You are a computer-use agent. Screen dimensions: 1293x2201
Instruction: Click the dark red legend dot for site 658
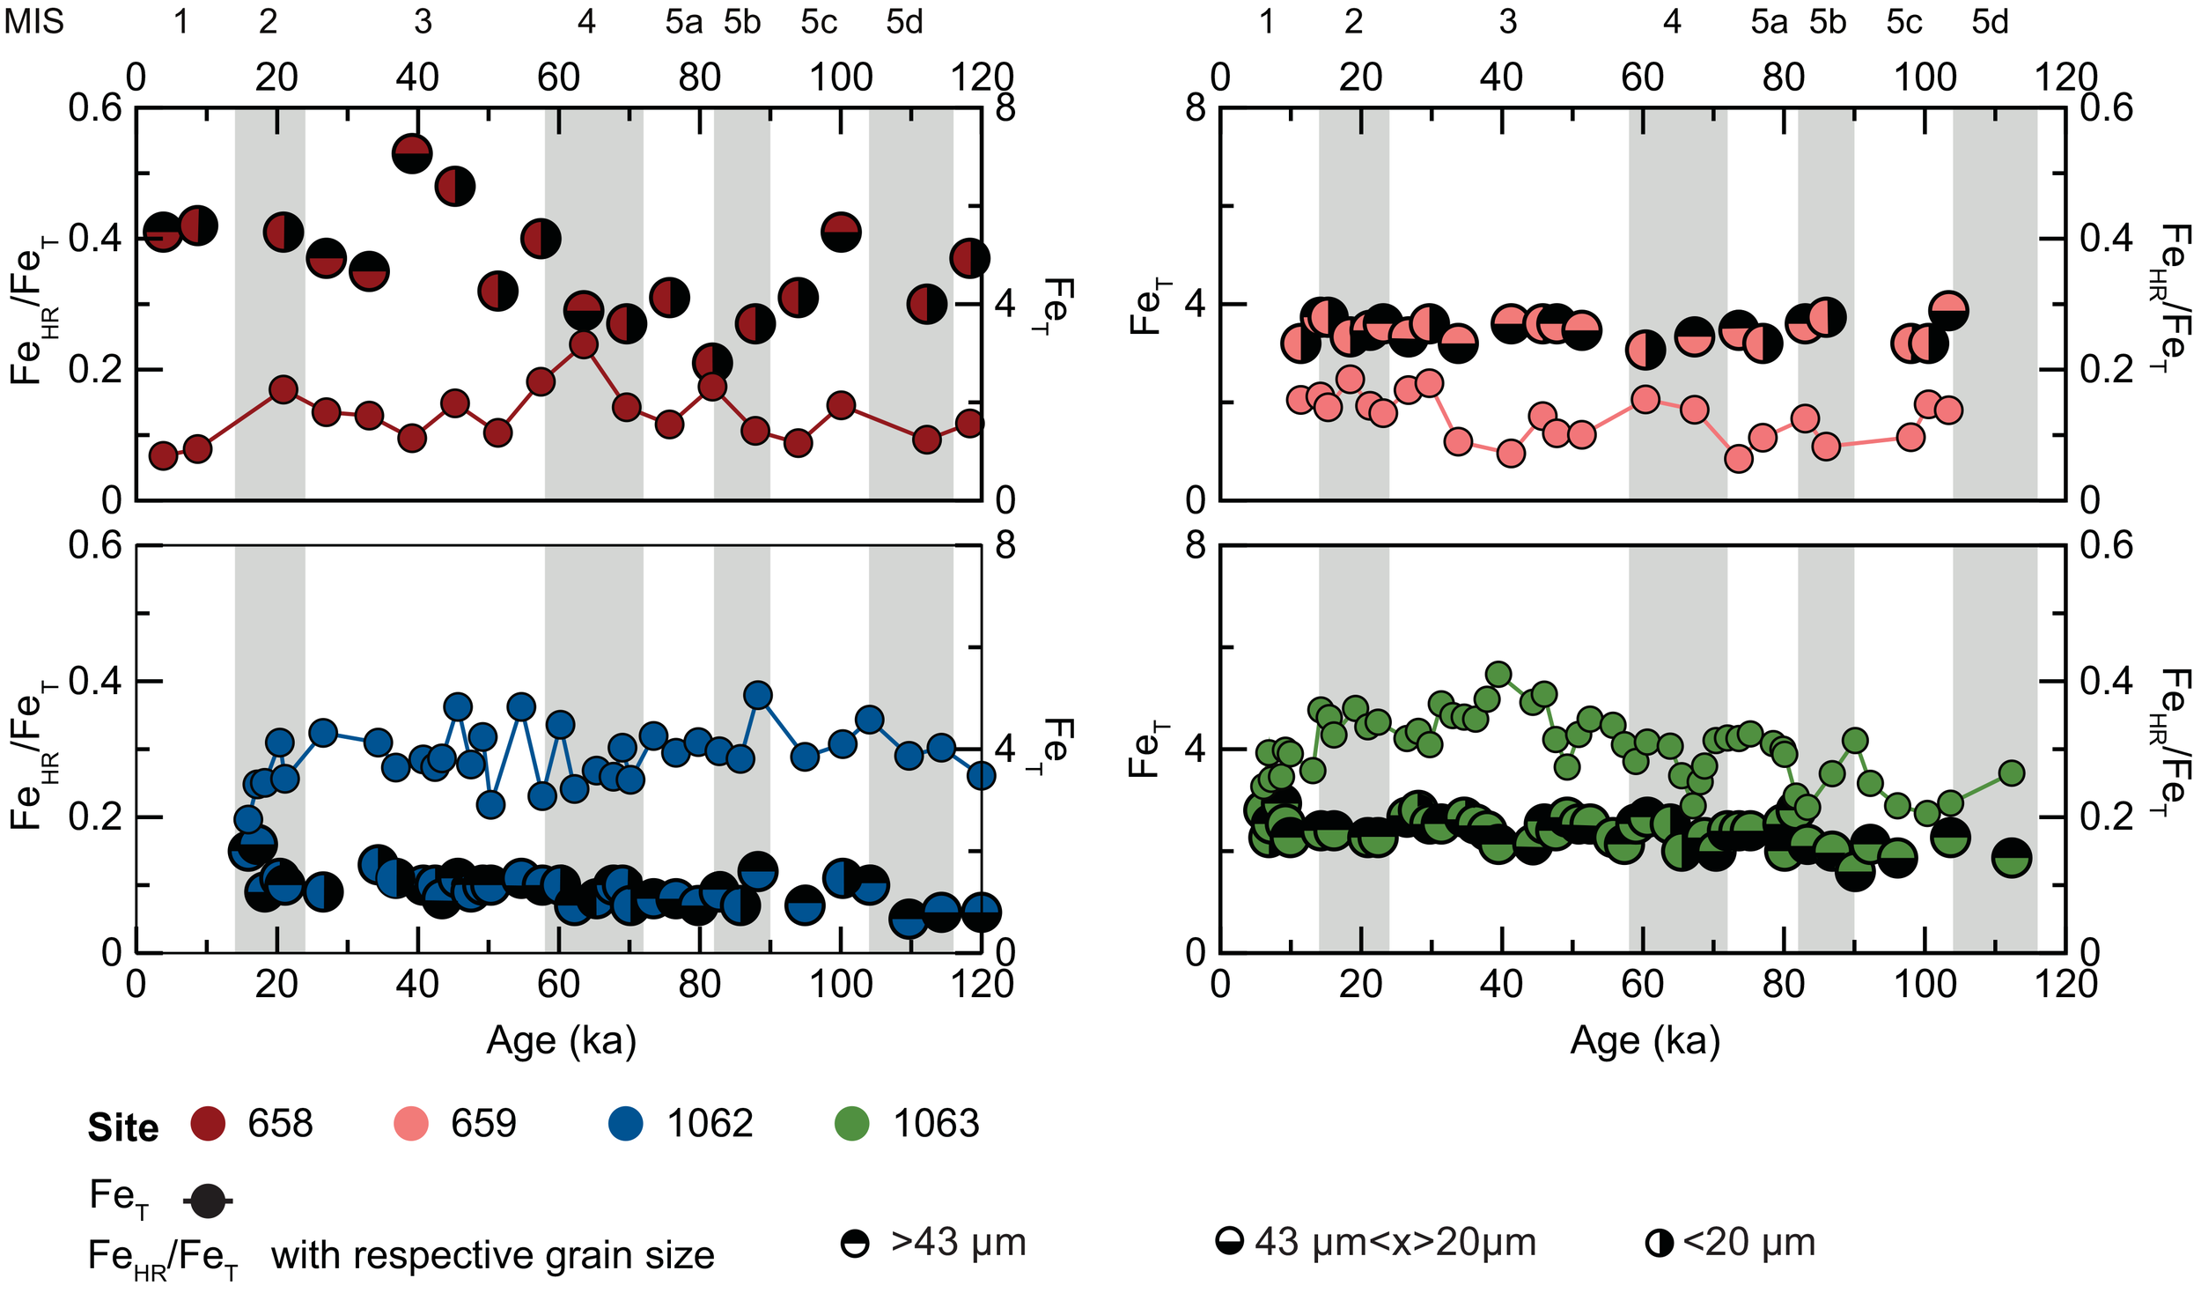click(x=208, y=1124)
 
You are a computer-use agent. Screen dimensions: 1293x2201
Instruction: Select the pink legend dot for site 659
click(x=410, y=1124)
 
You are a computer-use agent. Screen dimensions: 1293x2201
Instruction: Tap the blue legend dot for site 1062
click(x=625, y=1124)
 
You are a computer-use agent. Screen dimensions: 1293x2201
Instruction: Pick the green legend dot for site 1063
click(x=851, y=1124)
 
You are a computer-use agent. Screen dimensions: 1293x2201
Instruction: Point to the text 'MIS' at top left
click(x=33, y=21)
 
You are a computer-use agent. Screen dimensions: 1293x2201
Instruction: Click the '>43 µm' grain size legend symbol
click(x=854, y=1244)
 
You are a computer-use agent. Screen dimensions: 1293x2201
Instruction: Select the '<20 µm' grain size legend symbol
click(x=1659, y=1244)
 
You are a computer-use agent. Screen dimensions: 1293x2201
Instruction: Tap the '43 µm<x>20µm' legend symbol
click(x=1230, y=1242)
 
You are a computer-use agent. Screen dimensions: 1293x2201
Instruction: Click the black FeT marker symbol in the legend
click(x=208, y=1201)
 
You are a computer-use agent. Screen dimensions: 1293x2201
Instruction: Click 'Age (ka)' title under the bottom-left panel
click(x=561, y=1041)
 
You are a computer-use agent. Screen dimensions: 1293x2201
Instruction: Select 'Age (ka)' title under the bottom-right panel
click(x=1645, y=1041)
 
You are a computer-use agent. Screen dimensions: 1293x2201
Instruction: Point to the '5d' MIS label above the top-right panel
click(x=1990, y=21)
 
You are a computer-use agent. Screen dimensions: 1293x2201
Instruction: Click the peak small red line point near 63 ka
click(x=584, y=344)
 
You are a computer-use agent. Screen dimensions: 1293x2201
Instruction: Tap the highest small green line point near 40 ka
click(x=1498, y=675)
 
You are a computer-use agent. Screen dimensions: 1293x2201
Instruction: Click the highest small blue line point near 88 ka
click(x=758, y=695)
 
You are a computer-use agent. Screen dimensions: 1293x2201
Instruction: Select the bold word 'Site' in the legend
click(x=122, y=1128)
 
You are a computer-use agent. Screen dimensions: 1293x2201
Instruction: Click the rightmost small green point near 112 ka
click(x=2012, y=773)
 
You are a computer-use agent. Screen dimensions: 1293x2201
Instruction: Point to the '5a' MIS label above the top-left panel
click(x=683, y=21)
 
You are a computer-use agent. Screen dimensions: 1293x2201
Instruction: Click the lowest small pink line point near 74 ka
click(x=1738, y=459)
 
